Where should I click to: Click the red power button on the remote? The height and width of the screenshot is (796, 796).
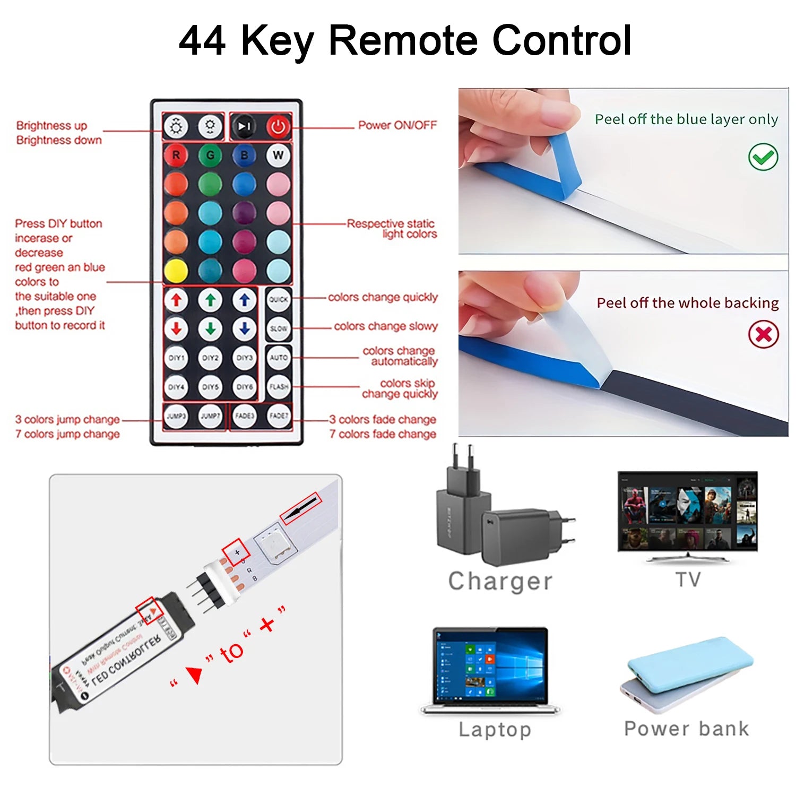click(x=278, y=127)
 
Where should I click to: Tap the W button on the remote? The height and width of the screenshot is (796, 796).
click(x=278, y=155)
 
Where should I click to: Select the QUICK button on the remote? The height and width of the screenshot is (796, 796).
click(x=278, y=300)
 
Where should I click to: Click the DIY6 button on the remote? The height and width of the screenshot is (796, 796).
click(x=244, y=387)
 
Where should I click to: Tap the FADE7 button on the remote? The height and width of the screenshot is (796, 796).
click(x=278, y=416)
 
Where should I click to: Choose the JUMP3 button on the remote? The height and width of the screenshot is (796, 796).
click(x=176, y=416)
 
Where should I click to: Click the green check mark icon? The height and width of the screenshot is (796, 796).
click(x=763, y=157)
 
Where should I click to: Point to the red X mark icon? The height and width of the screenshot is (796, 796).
click(x=763, y=334)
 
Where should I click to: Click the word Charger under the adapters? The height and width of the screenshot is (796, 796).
click(x=500, y=581)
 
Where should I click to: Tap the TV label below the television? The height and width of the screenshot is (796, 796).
click(x=688, y=579)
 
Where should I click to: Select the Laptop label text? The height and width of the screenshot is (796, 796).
click(x=495, y=730)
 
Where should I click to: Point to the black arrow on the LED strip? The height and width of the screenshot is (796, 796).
click(x=300, y=509)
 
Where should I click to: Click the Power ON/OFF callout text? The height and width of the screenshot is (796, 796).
click(x=397, y=125)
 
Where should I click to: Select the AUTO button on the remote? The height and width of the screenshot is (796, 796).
click(x=278, y=358)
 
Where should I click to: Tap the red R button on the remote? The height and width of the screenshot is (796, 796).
click(x=176, y=155)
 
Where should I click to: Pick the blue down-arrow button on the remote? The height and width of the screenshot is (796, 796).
click(x=244, y=329)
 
